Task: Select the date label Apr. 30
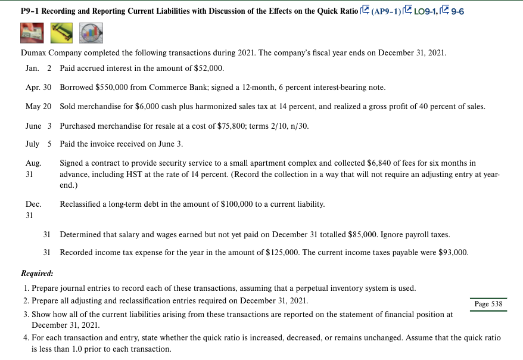[39, 87]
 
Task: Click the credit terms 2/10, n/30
[288, 126]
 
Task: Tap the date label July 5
[40, 145]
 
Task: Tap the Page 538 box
[488, 304]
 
